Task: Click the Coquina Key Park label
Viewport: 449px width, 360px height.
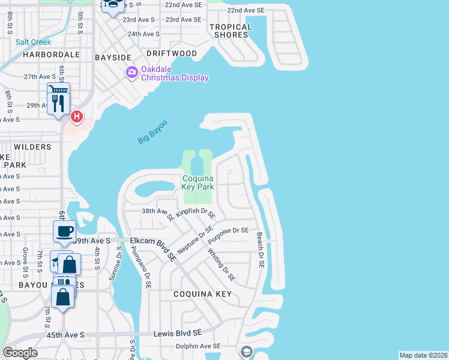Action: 197,182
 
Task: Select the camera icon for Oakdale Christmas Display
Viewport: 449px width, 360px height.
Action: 131,73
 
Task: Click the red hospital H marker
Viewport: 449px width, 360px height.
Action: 76,115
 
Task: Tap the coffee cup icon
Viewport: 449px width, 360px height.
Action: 64,231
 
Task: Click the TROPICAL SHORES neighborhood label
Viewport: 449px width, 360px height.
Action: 231,31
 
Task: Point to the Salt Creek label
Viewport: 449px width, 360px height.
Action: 34,42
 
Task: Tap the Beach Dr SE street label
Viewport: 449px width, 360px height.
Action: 261,250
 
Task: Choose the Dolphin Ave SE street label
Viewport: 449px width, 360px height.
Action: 198,346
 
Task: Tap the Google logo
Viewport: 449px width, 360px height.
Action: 20,353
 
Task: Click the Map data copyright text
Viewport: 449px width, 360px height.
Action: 423,355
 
